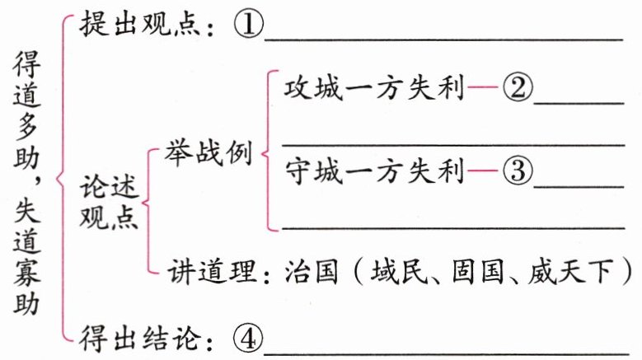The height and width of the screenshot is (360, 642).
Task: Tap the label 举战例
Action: pos(208,153)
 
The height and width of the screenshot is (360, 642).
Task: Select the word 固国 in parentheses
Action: pos(478,271)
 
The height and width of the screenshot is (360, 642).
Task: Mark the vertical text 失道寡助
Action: pos(30,264)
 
